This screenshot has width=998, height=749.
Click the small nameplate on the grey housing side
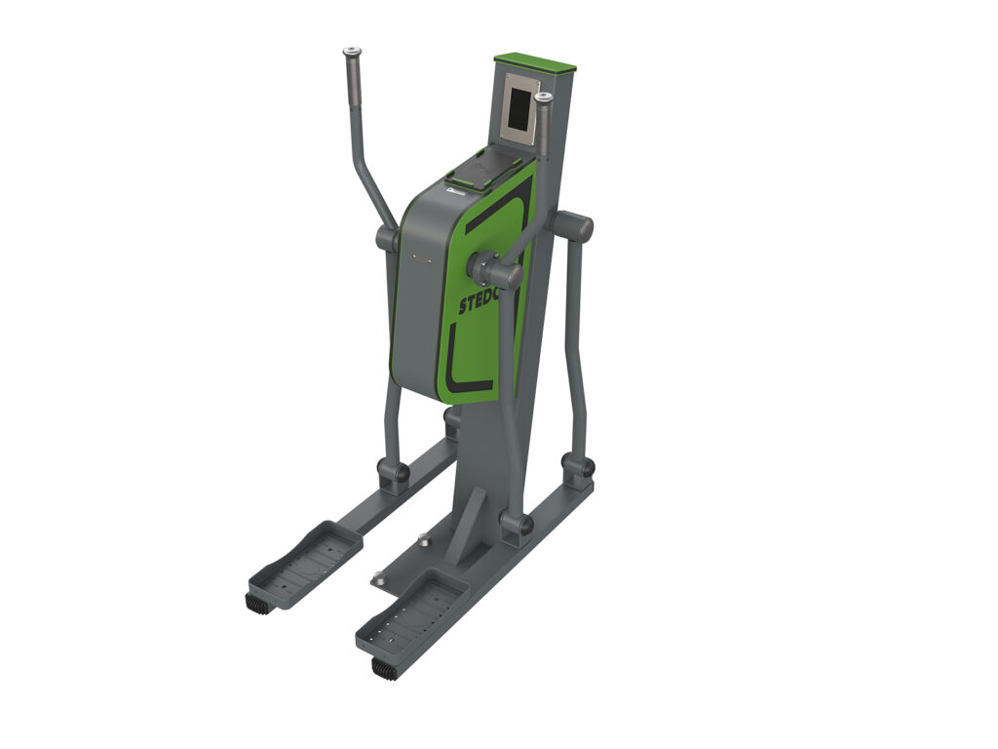(x=421, y=258)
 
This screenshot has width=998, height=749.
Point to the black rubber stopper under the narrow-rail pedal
(x=258, y=604)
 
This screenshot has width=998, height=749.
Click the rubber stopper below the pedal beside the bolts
(x=384, y=668)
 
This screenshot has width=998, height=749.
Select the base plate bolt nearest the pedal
(x=378, y=579)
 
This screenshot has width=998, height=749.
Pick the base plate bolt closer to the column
(x=425, y=538)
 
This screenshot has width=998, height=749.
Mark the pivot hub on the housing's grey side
(x=386, y=238)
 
